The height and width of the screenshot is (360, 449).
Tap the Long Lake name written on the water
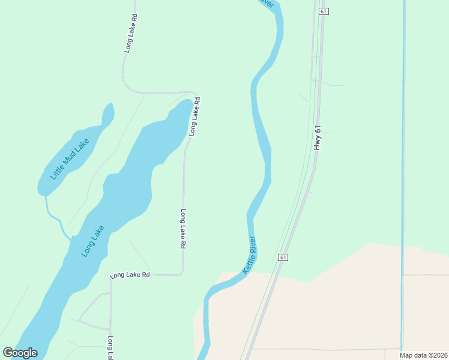93,241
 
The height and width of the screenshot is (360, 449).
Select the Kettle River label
250,256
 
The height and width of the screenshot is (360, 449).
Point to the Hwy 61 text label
318,137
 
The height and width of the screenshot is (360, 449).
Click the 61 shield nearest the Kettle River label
283,257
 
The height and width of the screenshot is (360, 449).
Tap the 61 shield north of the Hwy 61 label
324,11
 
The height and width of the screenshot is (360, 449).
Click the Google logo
20,353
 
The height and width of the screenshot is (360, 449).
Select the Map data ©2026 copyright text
423,355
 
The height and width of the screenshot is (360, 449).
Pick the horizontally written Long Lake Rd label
129,275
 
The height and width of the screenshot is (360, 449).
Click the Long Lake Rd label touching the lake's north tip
194,116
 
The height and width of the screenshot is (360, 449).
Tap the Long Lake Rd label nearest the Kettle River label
183,229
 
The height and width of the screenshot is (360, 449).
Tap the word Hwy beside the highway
318,144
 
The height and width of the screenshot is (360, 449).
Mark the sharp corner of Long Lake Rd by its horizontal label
181,274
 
